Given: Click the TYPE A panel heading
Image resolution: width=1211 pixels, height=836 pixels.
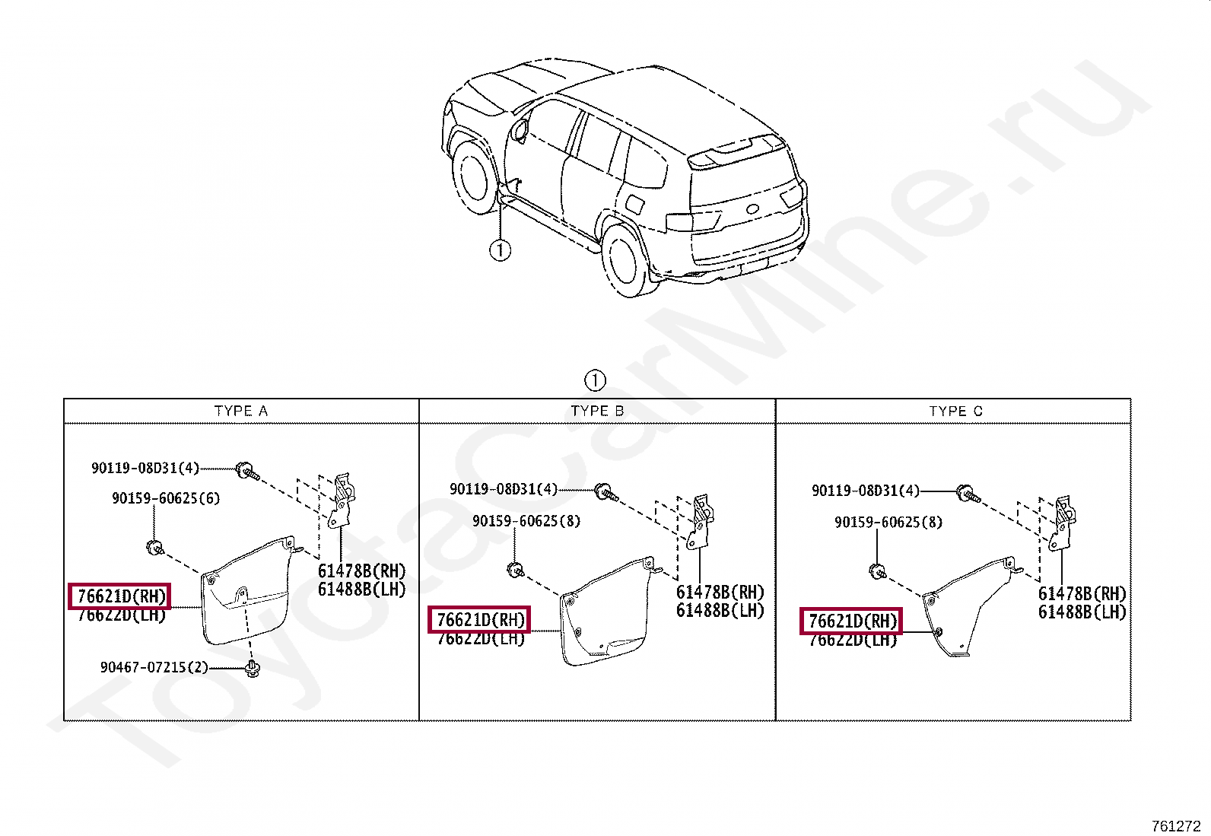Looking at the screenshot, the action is pyautogui.click(x=241, y=411).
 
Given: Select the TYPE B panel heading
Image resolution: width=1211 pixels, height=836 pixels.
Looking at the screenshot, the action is pyautogui.click(x=597, y=411).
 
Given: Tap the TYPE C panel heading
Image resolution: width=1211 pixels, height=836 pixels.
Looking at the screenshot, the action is pyautogui.click(x=955, y=411).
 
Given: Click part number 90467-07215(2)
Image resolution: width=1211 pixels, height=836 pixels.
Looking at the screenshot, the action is pyautogui.click(x=154, y=667).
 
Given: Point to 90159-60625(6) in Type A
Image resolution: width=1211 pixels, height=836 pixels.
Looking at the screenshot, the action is pyautogui.click(x=166, y=498).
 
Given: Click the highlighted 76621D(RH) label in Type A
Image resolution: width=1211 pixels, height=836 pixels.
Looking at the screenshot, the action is pyautogui.click(x=120, y=596).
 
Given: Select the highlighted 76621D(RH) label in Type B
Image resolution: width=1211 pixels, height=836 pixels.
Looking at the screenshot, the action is pyautogui.click(x=479, y=620).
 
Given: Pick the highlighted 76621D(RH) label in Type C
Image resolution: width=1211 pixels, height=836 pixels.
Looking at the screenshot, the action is pyautogui.click(x=851, y=621).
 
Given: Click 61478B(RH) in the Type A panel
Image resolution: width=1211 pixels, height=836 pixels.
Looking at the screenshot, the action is pyautogui.click(x=361, y=571).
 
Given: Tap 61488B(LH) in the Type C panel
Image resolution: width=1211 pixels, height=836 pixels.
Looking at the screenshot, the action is pyautogui.click(x=1082, y=612).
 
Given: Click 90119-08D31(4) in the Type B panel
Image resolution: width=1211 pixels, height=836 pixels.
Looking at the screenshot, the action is pyautogui.click(x=504, y=489).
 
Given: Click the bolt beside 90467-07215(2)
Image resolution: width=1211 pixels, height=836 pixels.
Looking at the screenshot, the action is pyautogui.click(x=252, y=670).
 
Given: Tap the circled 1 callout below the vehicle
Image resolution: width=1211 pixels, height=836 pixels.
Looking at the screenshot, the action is pyautogui.click(x=500, y=250).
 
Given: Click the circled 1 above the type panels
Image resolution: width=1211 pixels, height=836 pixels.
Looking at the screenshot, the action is pyautogui.click(x=595, y=380).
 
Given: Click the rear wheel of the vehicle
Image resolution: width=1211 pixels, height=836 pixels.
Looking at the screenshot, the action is pyautogui.click(x=623, y=259).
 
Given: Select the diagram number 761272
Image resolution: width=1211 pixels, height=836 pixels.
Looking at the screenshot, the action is pyautogui.click(x=1175, y=826).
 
